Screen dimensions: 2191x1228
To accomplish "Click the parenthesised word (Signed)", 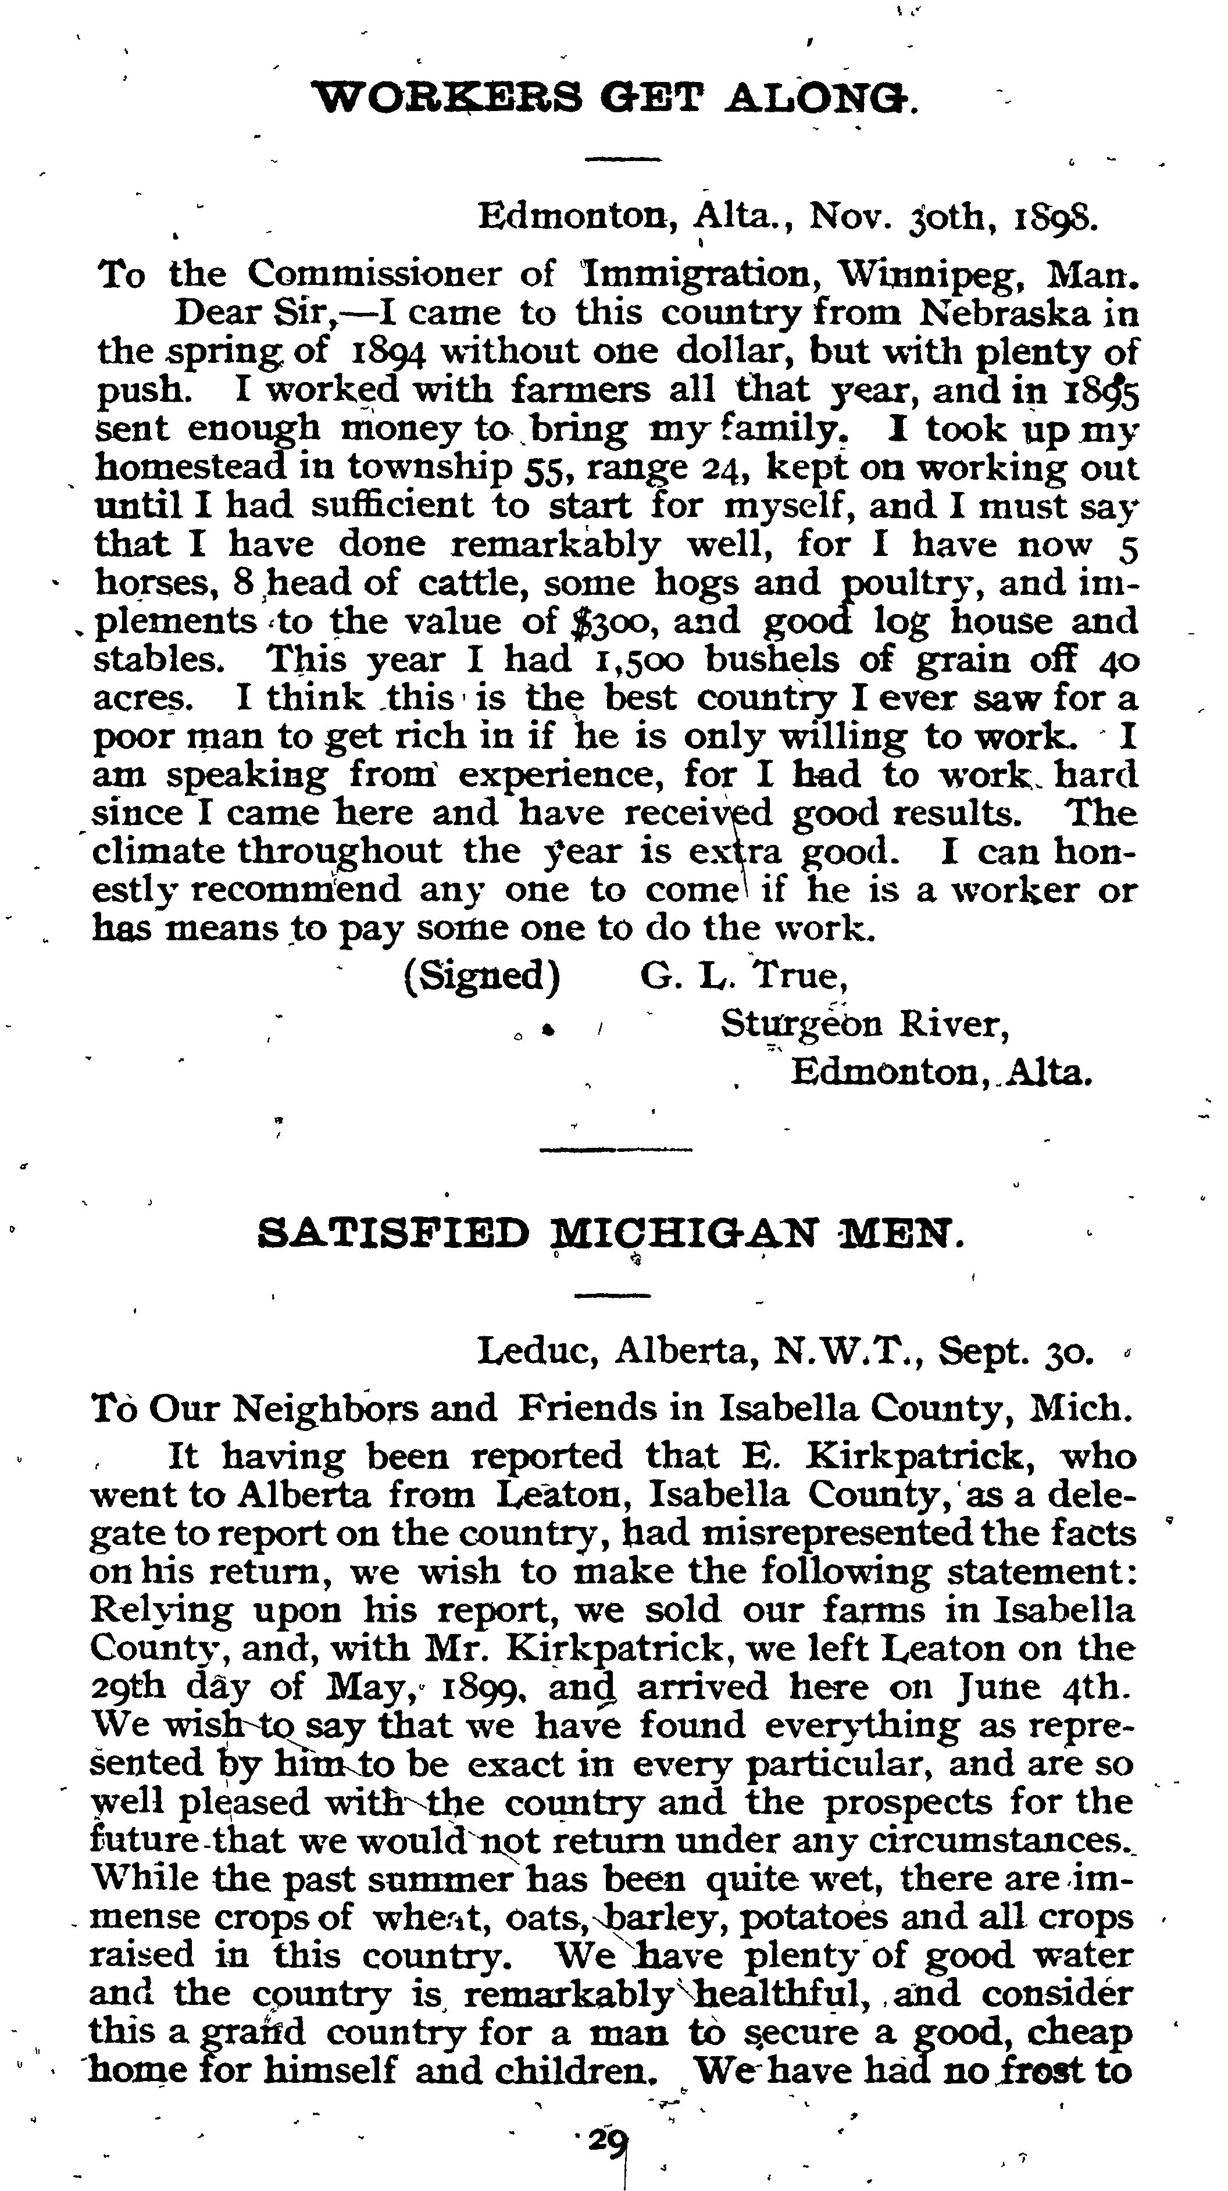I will click(482, 975).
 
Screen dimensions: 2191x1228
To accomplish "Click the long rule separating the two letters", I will click(616, 1150).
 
